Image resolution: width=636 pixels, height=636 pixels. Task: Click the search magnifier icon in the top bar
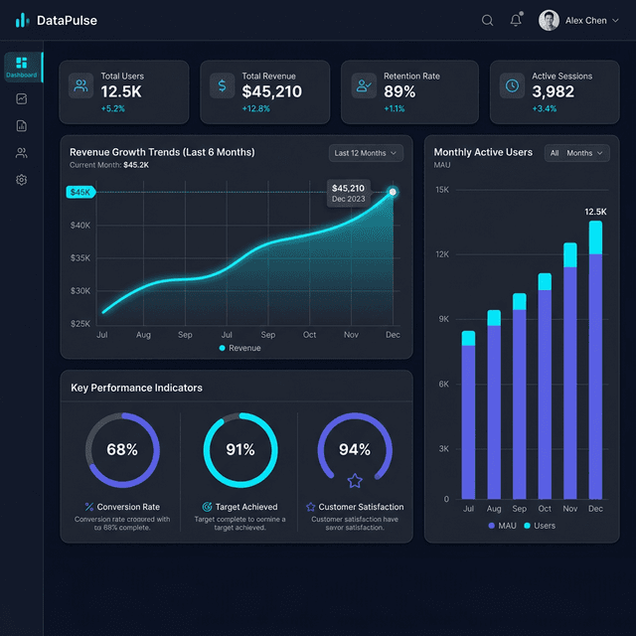coord(487,20)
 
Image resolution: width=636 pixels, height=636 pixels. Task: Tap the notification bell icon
coord(516,20)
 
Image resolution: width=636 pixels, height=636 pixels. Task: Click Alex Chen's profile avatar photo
coord(549,20)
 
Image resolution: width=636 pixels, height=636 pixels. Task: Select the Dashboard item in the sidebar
coord(22,67)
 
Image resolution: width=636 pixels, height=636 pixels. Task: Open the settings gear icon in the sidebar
coord(22,180)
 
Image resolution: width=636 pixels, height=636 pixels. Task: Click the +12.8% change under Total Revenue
coord(256,108)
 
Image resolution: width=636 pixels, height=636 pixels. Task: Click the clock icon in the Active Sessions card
coord(511,85)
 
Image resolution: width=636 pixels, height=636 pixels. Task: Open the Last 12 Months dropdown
coord(366,153)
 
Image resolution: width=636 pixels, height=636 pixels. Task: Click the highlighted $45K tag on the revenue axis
coord(79,192)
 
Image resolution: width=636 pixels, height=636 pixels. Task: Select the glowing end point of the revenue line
coord(393,192)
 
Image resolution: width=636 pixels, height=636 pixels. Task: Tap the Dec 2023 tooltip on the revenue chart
coord(348,193)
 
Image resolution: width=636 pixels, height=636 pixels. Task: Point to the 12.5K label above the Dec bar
coord(595,212)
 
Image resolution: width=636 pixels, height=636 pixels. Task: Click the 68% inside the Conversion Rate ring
coord(122,449)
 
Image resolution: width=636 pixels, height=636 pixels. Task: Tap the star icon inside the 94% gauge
coord(355,481)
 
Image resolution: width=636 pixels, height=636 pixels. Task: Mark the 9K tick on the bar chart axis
coord(442,319)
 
